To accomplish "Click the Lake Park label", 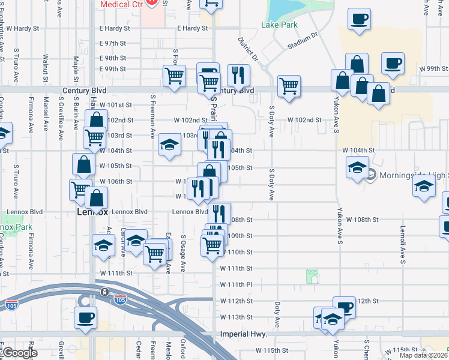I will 279,25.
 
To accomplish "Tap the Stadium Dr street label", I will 301,41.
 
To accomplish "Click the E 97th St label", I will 112,43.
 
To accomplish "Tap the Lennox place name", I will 92,212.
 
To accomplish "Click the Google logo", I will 20,353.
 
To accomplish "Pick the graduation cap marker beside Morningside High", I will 358,166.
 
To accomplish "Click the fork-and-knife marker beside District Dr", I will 239,74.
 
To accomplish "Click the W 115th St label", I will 273,350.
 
